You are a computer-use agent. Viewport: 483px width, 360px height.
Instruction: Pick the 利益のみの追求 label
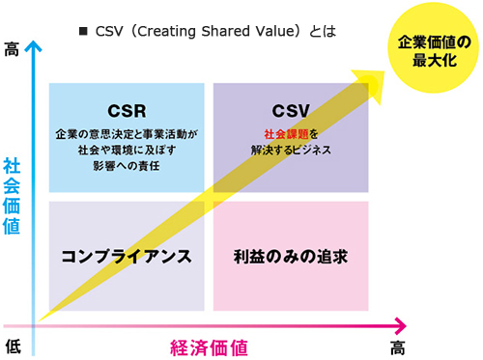pos(290,257)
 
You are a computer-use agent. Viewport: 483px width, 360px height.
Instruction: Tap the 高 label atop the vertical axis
pos(12,47)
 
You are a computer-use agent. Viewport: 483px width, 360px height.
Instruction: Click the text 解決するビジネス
pos(290,152)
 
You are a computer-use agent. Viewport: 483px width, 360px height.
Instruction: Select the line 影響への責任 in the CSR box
pos(127,167)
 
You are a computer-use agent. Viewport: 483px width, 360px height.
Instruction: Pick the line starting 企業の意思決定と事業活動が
pos(127,134)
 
